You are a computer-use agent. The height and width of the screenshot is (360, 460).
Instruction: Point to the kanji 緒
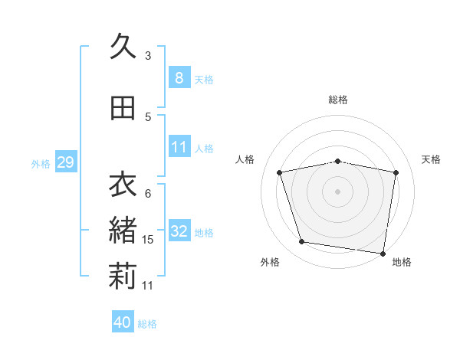(x=123, y=231)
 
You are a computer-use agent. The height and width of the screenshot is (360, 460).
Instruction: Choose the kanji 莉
(x=123, y=277)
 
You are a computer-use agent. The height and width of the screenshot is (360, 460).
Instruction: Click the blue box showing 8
(x=179, y=78)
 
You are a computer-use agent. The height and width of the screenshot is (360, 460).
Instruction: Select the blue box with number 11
(x=179, y=147)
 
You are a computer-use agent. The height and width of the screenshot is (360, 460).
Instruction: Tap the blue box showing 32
(x=179, y=231)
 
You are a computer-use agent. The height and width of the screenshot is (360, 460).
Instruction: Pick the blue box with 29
(x=65, y=162)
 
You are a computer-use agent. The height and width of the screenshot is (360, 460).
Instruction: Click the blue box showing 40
(x=122, y=322)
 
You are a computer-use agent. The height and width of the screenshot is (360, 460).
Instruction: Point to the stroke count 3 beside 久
(x=148, y=56)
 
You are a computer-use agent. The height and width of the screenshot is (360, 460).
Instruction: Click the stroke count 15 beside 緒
(x=149, y=240)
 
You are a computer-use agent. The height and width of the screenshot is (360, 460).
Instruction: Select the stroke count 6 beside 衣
(x=148, y=193)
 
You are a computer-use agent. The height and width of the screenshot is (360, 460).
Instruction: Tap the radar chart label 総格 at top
(x=338, y=100)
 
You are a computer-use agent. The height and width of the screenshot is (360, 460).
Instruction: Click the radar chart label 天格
(x=431, y=159)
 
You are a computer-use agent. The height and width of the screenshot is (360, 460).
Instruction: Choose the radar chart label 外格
(x=270, y=262)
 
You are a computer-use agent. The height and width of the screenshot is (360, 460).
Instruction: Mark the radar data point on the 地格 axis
(x=383, y=253)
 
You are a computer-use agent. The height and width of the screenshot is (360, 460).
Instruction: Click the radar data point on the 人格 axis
(x=280, y=172)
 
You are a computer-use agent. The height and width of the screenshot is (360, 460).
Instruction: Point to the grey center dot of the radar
(x=338, y=191)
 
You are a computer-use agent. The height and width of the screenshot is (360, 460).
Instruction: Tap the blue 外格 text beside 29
(x=41, y=163)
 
